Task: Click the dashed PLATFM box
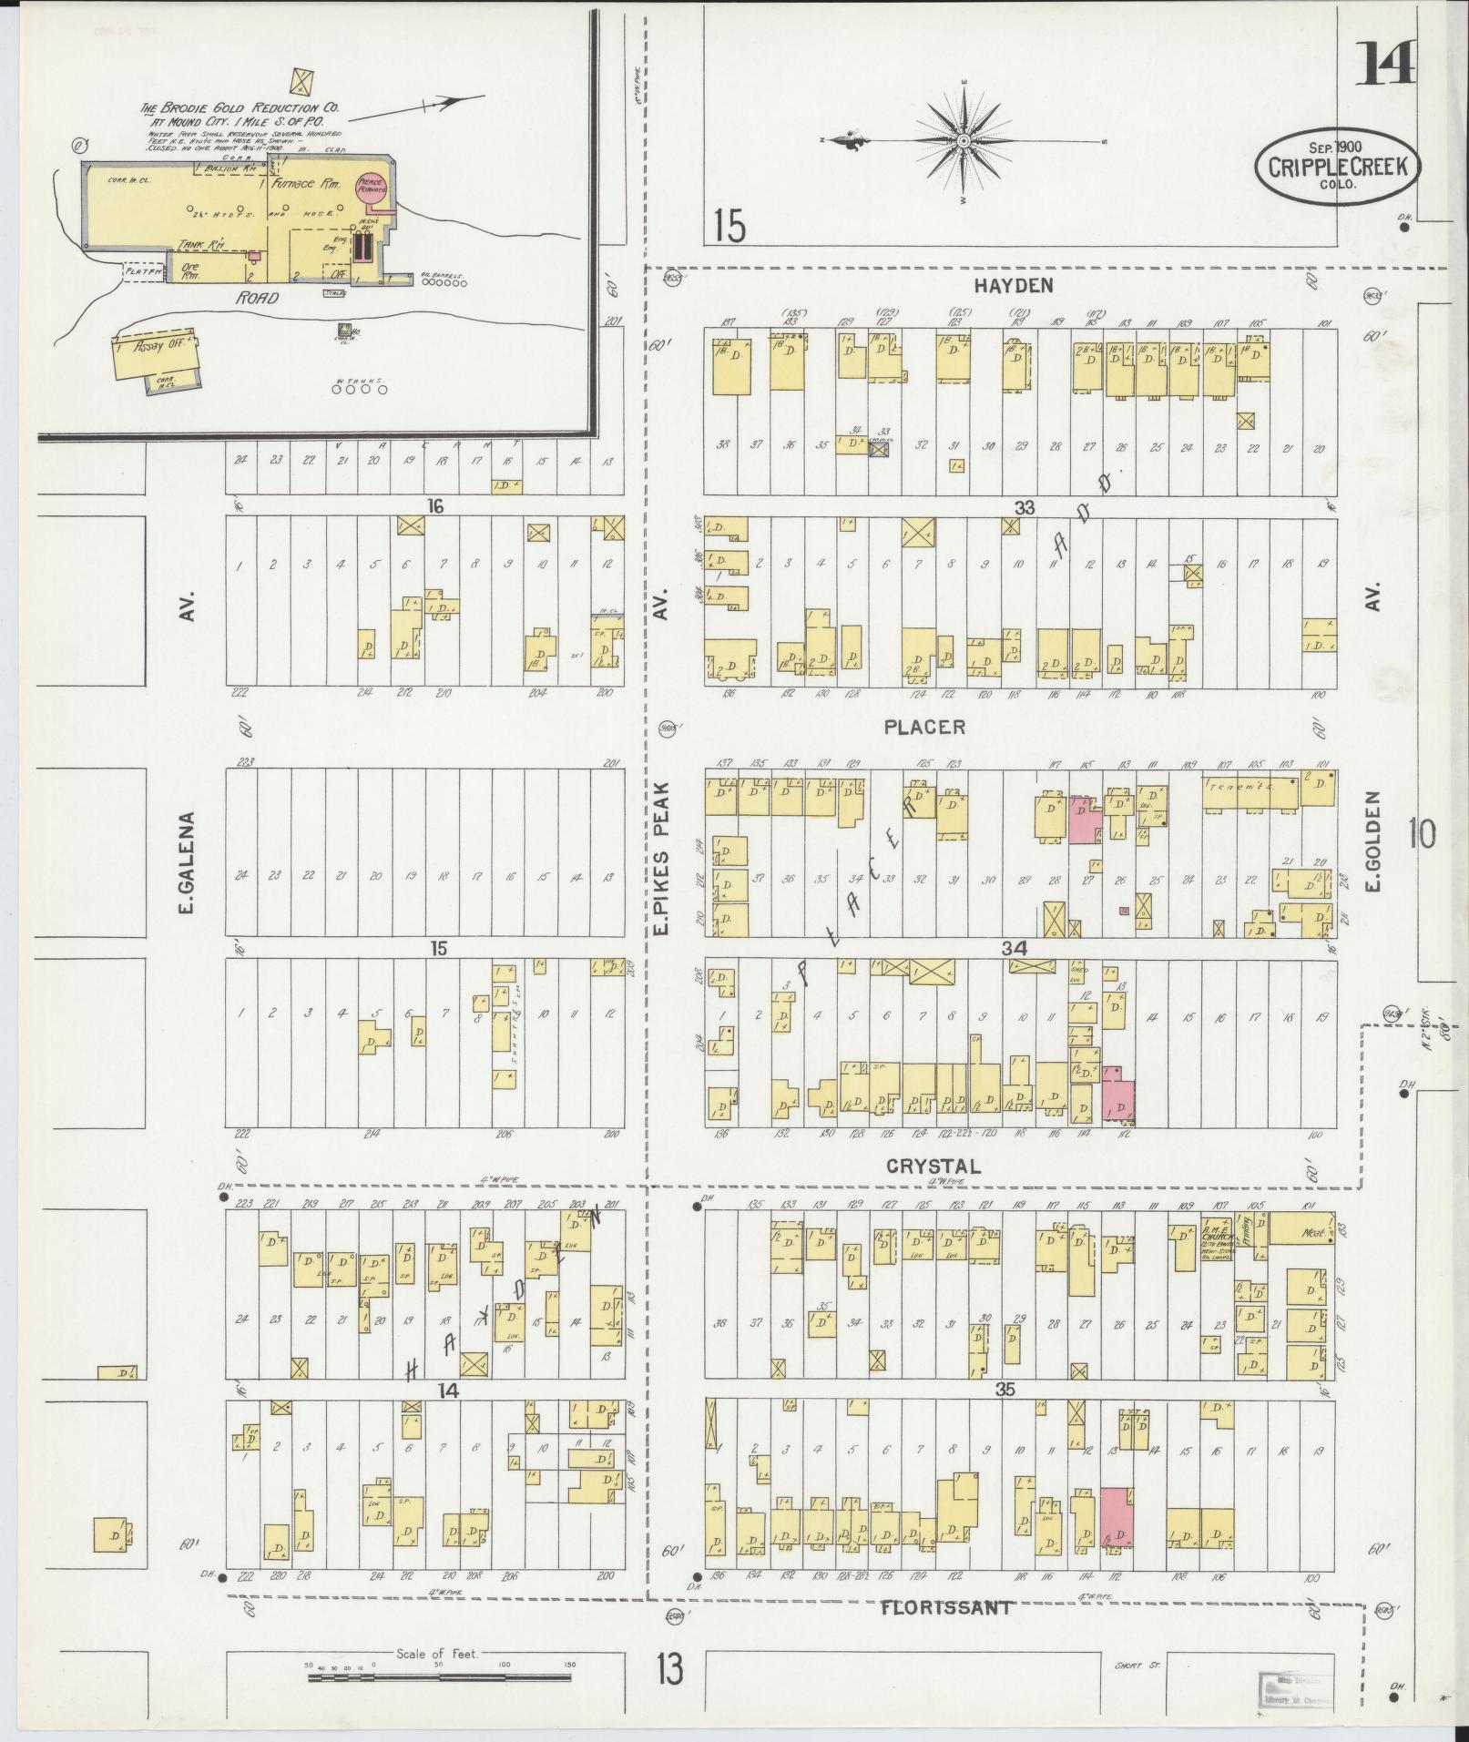coord(144,271)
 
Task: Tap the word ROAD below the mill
coord(256,298)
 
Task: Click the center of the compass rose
coord(964,141)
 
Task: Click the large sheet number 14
coord(1385,63)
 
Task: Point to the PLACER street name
coord(923,727)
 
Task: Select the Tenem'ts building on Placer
coord(1250,794)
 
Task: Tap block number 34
coord(1014,949)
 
